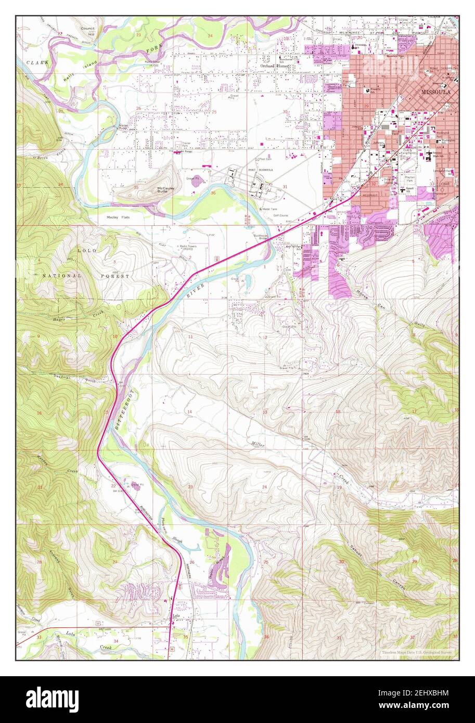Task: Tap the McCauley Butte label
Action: (166, 189)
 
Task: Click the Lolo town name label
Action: (176, 618)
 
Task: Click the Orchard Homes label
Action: (275, 66)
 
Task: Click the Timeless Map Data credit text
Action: (416, 652)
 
